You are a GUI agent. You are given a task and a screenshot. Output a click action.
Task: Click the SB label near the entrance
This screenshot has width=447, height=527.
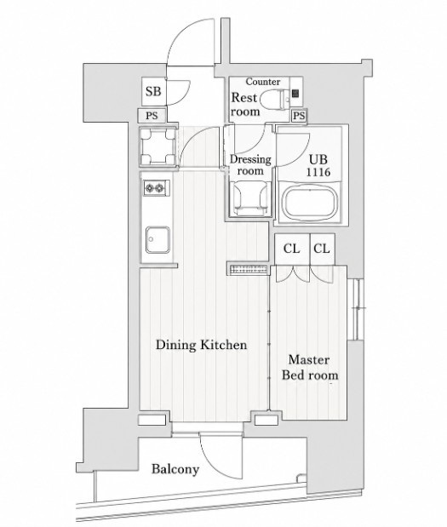pyautogui.click(x=153, y=91)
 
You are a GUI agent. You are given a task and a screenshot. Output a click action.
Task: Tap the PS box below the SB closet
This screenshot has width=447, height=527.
pyautogui.click(x=152, y=116)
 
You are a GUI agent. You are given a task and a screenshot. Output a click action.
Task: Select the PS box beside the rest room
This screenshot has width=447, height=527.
pyautogui.click(x=299, y=116)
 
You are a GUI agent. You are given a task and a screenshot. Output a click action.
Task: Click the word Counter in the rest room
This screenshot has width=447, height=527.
pyautogui.click(x=263, y=82)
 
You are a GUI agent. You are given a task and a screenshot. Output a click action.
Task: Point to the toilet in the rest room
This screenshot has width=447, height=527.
pyautogui.click(x=276, y=99)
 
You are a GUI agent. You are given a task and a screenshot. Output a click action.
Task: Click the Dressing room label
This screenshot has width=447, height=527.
pyautogui.click(x=250, y=164)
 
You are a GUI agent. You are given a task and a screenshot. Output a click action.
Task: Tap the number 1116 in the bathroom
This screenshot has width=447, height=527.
pyautogui.click(x=318, y=172)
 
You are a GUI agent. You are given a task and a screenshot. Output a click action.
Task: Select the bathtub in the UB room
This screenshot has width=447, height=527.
pyautogui.click(x=310, y=203)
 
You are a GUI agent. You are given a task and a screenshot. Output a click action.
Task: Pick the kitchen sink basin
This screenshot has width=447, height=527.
pyautogui.click(x=158, y=239)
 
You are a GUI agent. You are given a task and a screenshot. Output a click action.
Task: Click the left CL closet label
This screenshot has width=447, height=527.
pyautogui.click(x=291, y=249)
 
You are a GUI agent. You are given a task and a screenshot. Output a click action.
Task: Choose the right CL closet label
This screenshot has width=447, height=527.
pyautogui.click(x=322, y=249)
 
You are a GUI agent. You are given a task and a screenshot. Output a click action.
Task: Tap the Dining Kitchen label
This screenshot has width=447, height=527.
pyautogui.click(x=201, y=345)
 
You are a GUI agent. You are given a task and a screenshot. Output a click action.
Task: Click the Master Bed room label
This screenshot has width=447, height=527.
pyautogui.click(x=310, y=367)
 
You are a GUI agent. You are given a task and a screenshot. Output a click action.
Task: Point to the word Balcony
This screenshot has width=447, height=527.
pyautogui.click(x=175, y=469)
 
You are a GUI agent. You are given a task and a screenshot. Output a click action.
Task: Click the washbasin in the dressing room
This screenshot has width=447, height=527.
pyautogui.click(x=250, y=198)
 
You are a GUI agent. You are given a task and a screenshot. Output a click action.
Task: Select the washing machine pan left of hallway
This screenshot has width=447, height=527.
pyautogui.click(x=158, y=146)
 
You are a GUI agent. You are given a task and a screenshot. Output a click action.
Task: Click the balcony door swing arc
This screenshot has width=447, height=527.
pyautogui.click(x=215, y=463)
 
